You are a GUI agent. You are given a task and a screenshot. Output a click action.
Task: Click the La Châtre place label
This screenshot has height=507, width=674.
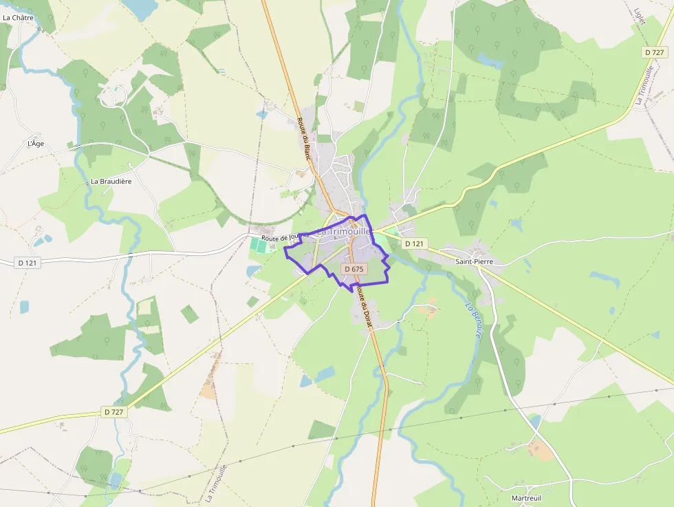click(x=18, y=18)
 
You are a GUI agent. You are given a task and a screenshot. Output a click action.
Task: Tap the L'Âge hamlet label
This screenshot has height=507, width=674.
click(x=35, y=144)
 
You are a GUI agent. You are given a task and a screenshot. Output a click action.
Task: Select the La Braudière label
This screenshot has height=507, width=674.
click(x=111, y=182)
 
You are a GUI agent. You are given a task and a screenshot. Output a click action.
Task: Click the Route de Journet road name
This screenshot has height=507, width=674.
click(x=283, y=238)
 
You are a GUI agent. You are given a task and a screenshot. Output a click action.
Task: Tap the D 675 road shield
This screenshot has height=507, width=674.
click(x=353, y=269)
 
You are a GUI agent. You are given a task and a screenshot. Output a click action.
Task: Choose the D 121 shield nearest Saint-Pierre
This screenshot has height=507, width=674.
click(x=415, y=244)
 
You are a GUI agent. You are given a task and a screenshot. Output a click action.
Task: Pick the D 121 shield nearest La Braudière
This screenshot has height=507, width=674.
click(x=27, y=263)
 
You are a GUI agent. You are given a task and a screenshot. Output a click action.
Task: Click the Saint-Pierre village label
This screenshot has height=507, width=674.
click(x=475, y=262)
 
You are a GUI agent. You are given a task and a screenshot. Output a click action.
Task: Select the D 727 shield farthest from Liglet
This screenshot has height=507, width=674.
click(x=114, y=411)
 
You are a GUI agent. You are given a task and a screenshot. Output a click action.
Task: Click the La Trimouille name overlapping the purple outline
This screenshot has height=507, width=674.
click(x=344, y=233)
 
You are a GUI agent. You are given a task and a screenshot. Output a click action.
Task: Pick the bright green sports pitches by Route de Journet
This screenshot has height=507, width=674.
click(x=259, y=244)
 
